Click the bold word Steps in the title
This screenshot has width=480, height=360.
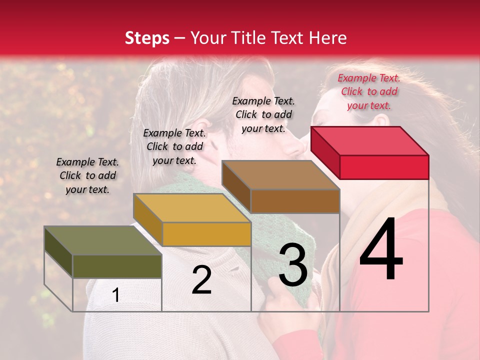pos(147,38)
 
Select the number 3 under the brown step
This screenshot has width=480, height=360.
pos(293,265)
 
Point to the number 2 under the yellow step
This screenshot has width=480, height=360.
pos(201,280)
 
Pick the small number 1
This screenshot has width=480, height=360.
pos(115,295)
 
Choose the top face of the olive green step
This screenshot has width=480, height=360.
pos(103,240)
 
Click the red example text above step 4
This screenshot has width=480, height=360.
pos(369,91)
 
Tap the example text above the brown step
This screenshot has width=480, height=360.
pos(263,114)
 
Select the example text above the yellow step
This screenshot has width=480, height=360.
pos(174,146)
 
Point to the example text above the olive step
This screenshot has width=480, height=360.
pos(87,175)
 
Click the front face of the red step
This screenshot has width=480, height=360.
pos(384,167)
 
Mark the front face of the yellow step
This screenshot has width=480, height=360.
pos(206,234)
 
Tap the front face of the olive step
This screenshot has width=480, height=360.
pos(117,266)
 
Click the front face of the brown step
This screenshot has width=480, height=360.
pos(295,201)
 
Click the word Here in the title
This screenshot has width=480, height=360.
pos(328,38)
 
